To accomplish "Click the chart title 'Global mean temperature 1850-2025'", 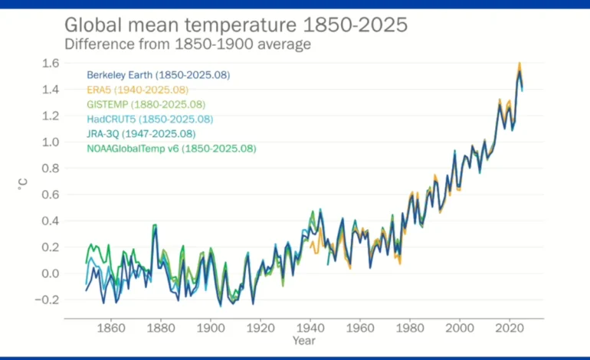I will [x=235, y=25].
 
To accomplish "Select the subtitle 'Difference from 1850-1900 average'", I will [x=187, y=44].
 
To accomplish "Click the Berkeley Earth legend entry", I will [x=158, y=75].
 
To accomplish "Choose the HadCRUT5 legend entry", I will [x=149, y=119].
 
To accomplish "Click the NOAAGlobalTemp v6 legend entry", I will [x=171, y=148].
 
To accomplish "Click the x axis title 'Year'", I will [x=303, y=339].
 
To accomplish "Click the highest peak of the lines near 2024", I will [x=520, y=64].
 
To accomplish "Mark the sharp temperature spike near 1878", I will [x=155, y=225].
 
